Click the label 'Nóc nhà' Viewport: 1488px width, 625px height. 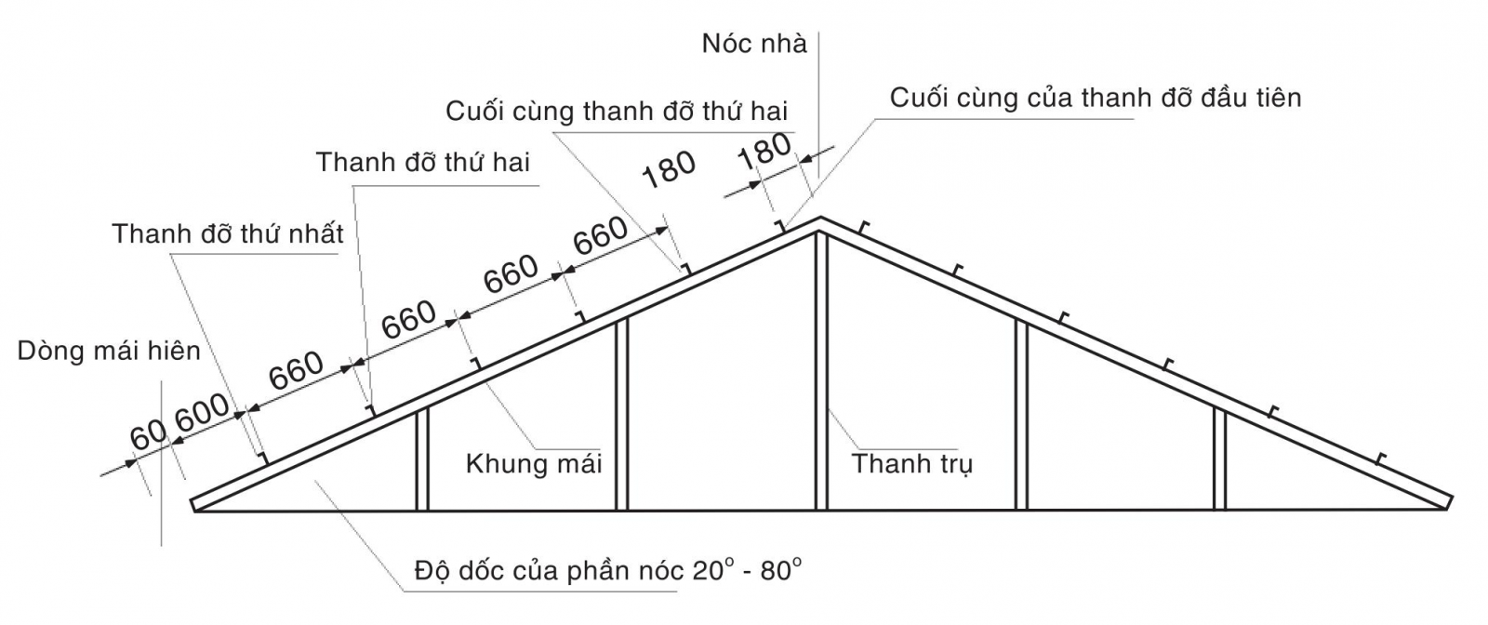[x=754, y=45]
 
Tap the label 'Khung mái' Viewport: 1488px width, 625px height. [x=534, y=463]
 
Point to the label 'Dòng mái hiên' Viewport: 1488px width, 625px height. [x=109, y=351]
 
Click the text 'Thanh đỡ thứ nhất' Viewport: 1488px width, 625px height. [x=228, y=233]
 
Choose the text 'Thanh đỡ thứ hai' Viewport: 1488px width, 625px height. [x=422, y=163]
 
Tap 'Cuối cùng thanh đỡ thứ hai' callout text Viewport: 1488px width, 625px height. [x=616, y=112]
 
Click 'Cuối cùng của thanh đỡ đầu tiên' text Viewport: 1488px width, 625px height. [x=1096, y=98]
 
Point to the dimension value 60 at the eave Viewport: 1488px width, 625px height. [x=147, y=435]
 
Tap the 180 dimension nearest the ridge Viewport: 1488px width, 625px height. [x=764, y=151]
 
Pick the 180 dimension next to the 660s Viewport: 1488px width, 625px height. [x=669, y=169]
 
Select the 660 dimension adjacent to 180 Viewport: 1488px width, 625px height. [x=600, y=237]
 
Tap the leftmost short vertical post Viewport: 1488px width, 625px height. [x=421, y=459]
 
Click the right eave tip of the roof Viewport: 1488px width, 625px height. [x=1449, y=502]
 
